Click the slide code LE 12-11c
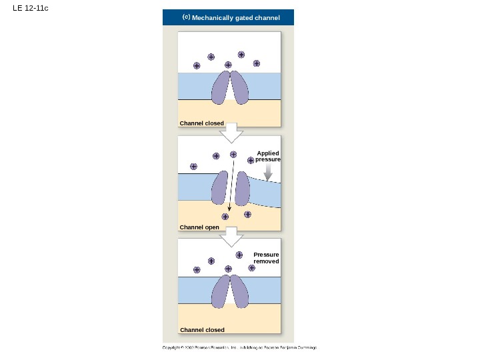tap(30, 8)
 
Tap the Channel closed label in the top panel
tap(201, 123)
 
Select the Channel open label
tap(199, 227)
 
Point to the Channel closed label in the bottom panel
tap(201, 330)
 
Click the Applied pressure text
tap(267, 157)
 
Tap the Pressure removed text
tap(266, 258)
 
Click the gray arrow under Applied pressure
tap(268, 173)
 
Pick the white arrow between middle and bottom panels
tap(231, 236)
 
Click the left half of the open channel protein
tap(219, 188)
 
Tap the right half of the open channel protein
tap(242, 188)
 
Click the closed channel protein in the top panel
tap(230, 88)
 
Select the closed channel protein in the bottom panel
tap(230, 293)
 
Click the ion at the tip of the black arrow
tap(225, 217)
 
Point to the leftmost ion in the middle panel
tap(193, 167)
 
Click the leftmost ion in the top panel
tap(197, 65)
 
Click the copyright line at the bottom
tap(240, 348)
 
